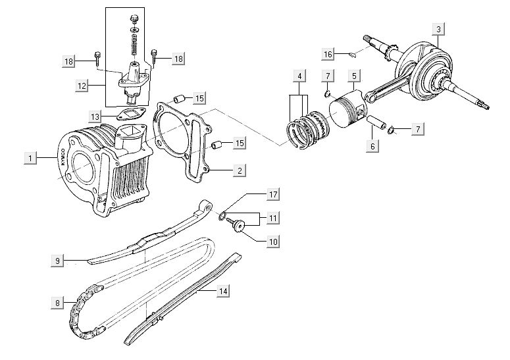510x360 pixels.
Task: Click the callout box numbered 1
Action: (x=29, y=158)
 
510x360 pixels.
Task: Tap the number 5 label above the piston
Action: (x=353, y=77)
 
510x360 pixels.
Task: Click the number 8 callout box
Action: (x=58, y=303)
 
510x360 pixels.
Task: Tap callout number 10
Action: (x=273, y=242)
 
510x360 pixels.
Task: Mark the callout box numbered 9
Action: (x=58, y=261)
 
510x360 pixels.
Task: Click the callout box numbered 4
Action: (x=299, y=77)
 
